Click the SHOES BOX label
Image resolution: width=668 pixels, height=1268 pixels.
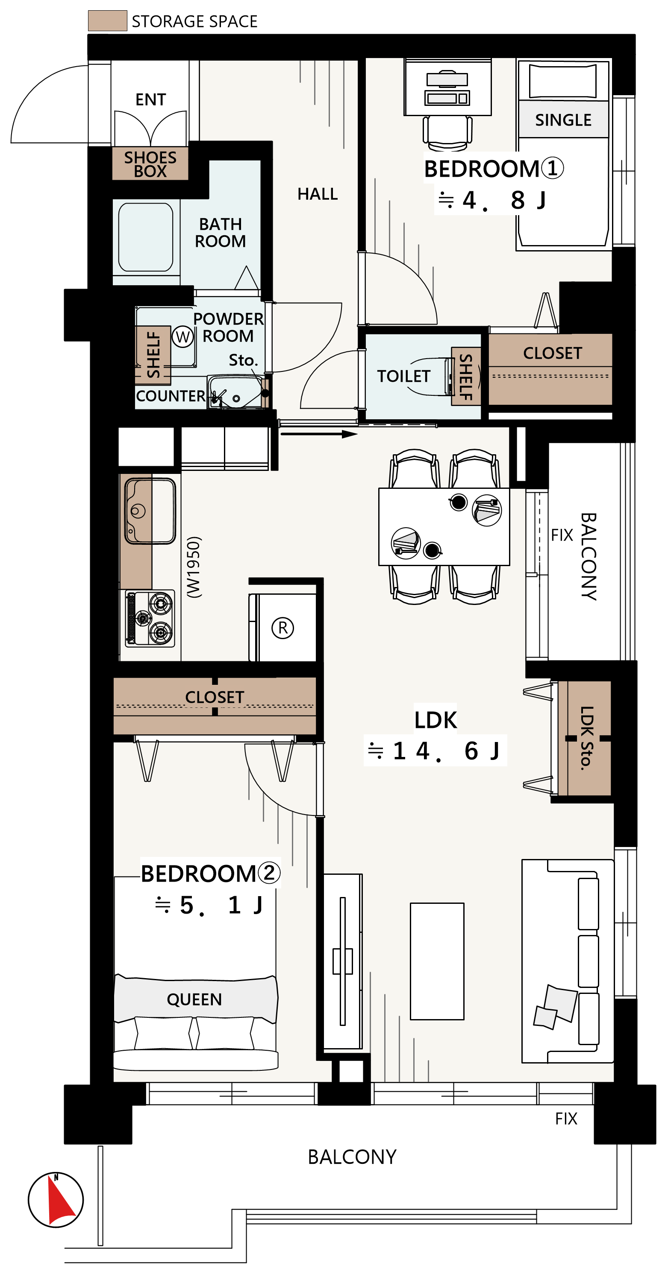[150, 164]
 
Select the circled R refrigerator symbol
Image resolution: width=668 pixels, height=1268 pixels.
[283, 628]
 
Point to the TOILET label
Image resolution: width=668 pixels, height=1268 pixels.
[403, 376]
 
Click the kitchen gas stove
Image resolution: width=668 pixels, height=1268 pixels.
[150, 618]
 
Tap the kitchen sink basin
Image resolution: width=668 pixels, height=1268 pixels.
[150, 511]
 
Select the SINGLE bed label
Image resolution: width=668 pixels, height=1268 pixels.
[563, 120]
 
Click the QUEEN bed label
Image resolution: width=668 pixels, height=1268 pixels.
[194, 999]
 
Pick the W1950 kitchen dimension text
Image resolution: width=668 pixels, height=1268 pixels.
[194, 567]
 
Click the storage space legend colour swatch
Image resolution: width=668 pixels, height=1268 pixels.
[107, 20]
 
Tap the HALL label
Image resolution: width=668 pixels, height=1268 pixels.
[317, 194]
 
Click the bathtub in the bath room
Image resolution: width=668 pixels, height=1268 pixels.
[146, 237]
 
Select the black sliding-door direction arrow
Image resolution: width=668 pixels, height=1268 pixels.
[319, 434]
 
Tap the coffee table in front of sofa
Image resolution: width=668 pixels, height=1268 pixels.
[437, 961]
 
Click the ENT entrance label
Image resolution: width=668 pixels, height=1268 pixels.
[151, 99]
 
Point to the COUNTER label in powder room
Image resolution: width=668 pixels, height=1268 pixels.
[171, 396]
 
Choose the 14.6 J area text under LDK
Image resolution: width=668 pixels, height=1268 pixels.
[435, 751]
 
